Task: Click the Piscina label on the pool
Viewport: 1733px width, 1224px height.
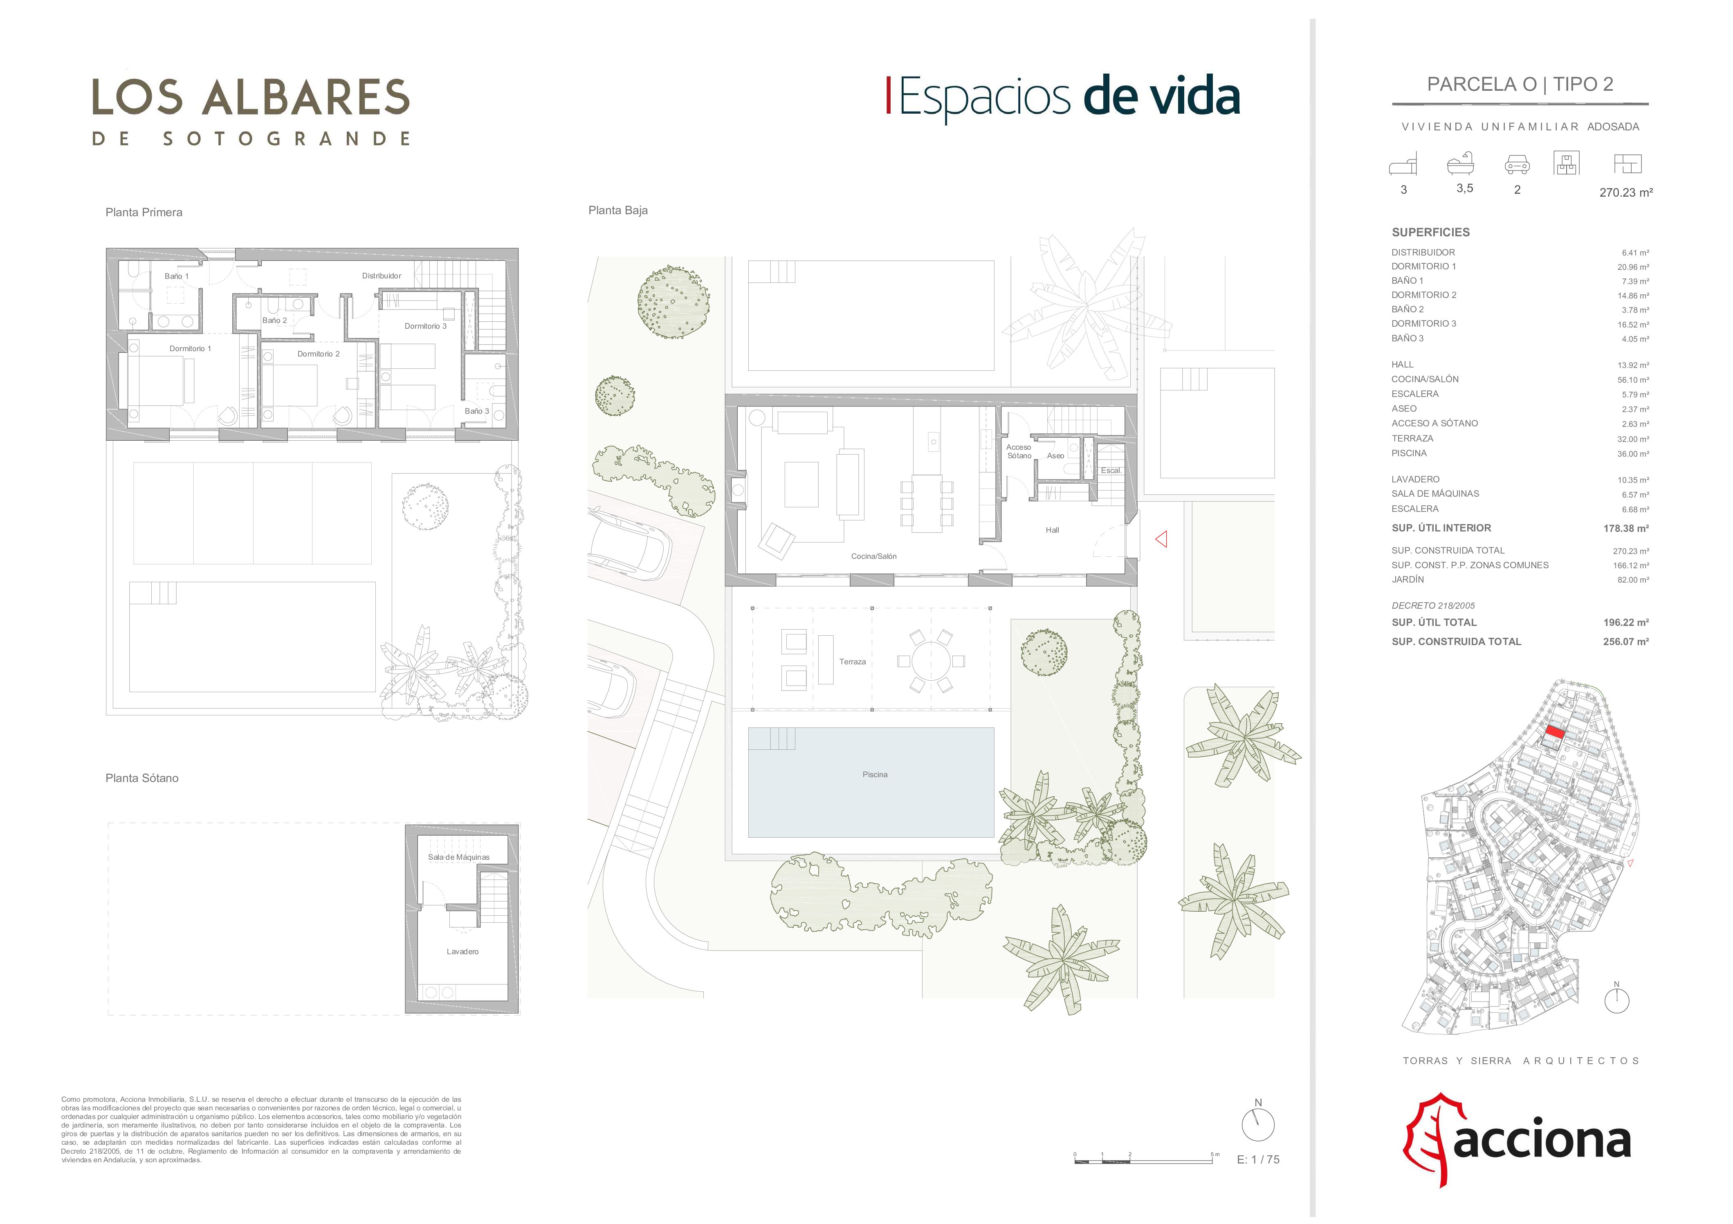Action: pyautogui.click(x=875, y=774)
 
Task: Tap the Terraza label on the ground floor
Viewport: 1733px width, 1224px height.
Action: pyautogui.click(x=852, y=662)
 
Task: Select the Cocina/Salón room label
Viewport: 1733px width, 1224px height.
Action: pyautogui.click(x=874, y=556)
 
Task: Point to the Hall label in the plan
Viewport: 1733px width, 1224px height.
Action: pyautogui.click(x=1052, y=530)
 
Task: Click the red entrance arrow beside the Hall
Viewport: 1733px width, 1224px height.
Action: pyautogui.click(x=1161, y=539)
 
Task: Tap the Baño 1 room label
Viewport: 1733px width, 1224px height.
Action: pyautogui.click(x=177, y=276)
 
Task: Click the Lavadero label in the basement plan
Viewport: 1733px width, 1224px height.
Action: pyautogui.click(x=462, y=952)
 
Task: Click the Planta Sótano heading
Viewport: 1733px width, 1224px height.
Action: pyautogui.click(x=142, y=778)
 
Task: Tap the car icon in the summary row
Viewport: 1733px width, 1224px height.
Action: pyautogui.click(x=1517, y=164)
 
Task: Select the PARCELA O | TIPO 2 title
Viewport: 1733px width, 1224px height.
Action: pyautogui.click(x=1520, y=85)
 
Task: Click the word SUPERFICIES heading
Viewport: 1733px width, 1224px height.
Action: pyautogui.click(x=1430, y=233)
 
